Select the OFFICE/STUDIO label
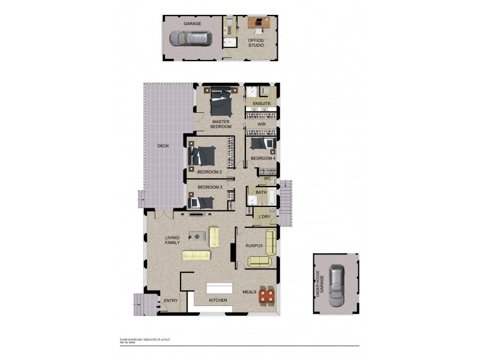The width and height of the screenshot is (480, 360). [x=260, y=42]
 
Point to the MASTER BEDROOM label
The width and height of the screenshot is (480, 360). [x=221, y=124]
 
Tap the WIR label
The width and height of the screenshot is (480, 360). [x=261, y=124]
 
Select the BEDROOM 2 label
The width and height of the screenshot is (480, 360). [x=210, y=172]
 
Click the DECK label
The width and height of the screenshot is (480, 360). [x=163, y=146]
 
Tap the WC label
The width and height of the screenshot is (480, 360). [x=268, y=179]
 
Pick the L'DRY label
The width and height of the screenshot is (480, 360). [x=264, y=217]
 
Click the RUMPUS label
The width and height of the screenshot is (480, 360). [x=255, y=246]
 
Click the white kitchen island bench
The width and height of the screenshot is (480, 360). [x=220, y=287]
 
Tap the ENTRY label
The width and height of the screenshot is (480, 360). [x=170, y=301]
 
